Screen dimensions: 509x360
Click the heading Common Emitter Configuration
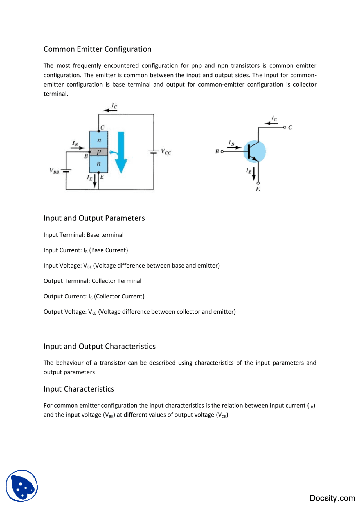pyautogui.click(x=97, y=49)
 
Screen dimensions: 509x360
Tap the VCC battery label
pyautogui.click(x=166, y=152)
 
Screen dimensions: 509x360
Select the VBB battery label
pyautogui.click(x=54, y=171)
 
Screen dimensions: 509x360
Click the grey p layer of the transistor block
pyautogui.click(x=98, y=152)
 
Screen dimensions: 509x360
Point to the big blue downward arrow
pyautogui.click(x=121, y=152)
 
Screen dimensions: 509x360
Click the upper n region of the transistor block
pyautogui.click(x=98, y=140)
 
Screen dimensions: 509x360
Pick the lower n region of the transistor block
pyautogui.click(x=98, y=164)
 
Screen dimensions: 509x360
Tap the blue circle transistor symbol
pyautogui.click(x=255, y=151)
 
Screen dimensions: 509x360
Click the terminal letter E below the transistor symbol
pyautogui.click(x=258, y=189)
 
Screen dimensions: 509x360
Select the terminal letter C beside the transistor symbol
pyautogui.click(x=290, y=127)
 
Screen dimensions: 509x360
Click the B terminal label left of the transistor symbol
pyautogui.click(x=217, y=151)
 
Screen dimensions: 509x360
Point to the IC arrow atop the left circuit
pyautogui.click(x=110, y=110)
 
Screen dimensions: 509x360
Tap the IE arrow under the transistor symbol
pyautogui.click(x=254, y=173)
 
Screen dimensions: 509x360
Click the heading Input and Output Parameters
pyautogui.click(x=94, y=218)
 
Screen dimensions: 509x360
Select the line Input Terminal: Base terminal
pyautogui.click(x=84, y=235)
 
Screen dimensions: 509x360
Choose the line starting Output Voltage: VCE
pyautogui.click(x=139, y=312)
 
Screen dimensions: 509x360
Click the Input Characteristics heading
pyautogui.click(x=79, y=389)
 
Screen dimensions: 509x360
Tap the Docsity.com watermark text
pyautogui.click(x=332, y=498)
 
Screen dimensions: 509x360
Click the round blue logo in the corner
pyautogui.click(x=22, y=486)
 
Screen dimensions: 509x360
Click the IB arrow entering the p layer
pyautogui.click(x=78, y=148)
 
